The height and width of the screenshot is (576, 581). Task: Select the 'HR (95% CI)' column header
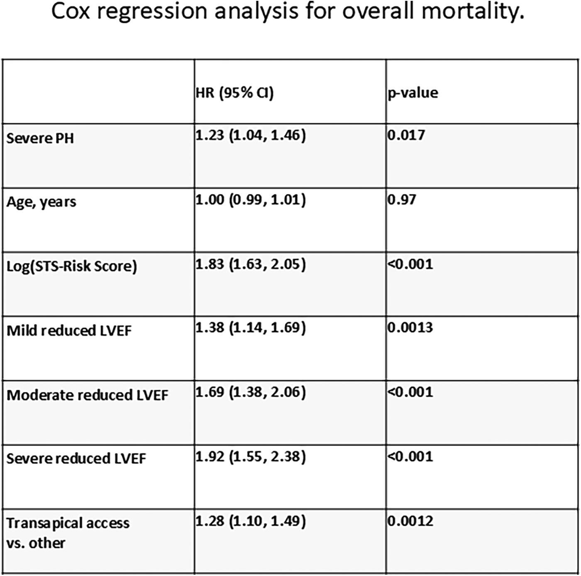click(x=234, y=92)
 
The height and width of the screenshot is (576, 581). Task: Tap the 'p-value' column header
click(x=413, y=92)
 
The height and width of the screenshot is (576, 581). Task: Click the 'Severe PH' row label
click(x=40, y=138)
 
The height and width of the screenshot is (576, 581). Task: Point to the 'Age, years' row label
click(x=41, y=202)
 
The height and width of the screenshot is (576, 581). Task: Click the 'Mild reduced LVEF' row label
click(x=69, y=331)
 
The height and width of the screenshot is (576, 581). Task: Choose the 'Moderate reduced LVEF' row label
click(x=87, y=395)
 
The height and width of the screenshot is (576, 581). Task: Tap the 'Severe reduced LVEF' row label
click(x=76, y=459)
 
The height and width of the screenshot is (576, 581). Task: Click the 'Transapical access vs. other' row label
click(x=68, y=533)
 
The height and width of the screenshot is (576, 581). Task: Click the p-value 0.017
click(x=406, y=135)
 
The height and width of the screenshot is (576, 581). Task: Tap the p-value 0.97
click(x=401, y=199)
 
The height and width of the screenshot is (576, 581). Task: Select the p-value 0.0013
click(x=410, y=328)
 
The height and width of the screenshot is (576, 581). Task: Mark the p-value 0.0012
click(x=410, y=521)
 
